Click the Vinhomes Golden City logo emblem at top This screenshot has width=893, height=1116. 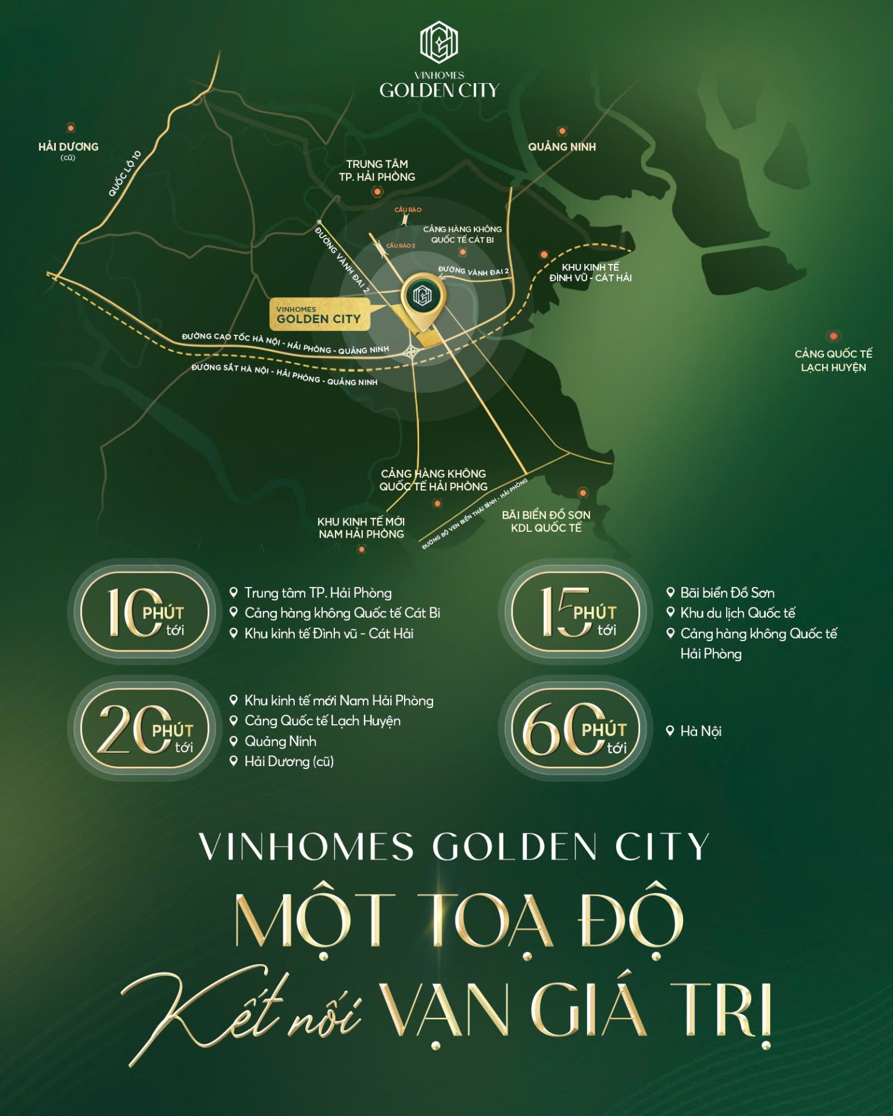tap(439, 43)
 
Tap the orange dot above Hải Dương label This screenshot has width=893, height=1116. tap(71, 128)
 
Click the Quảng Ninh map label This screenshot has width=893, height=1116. tap(562, 147)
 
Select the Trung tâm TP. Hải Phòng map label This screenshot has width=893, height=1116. tap(377, 170)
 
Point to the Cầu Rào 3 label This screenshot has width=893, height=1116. tap(401, 246)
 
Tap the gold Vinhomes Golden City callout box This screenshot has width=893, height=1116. tap(319, 315)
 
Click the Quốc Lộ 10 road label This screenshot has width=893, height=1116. tap(125, 173)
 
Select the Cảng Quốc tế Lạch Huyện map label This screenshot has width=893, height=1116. tap(833, 360)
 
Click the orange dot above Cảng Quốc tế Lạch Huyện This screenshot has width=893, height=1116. tap(833, 336)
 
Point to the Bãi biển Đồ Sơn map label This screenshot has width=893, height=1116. tap(546, 521)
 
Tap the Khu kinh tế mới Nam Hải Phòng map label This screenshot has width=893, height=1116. tap(361, 528)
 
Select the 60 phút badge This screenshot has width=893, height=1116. tap(575, 730)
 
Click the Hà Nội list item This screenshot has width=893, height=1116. tap(701, 731)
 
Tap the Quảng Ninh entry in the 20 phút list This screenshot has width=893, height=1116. tap(280, 741)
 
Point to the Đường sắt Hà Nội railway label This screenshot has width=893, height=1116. tap(284, 374)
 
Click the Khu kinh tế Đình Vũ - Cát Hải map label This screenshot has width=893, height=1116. tap(590, 272)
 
